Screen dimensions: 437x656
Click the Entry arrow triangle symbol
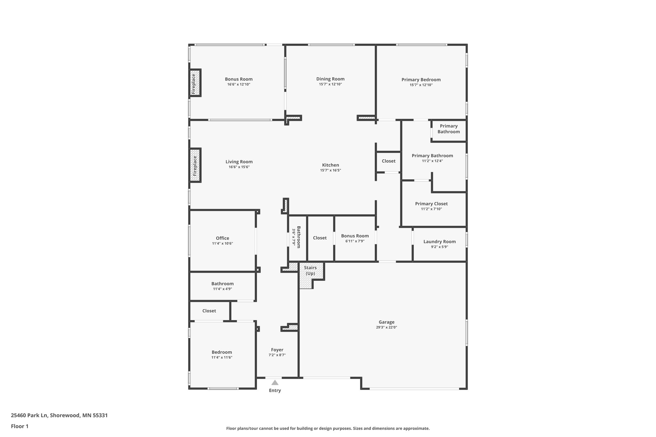coord(275,383)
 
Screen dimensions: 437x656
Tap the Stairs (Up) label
coord(310,271)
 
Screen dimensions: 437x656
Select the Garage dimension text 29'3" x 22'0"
coord(387,328)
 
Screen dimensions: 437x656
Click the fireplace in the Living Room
coord(195,166)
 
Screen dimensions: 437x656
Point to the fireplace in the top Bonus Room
coord(194,83)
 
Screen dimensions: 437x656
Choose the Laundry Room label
coord(439,242)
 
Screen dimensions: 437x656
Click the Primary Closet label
coord(431,204)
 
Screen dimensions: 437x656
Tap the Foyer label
coord(277,350)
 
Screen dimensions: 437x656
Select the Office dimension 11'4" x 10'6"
coord(222,244)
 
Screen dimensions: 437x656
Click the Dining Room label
coord(330,79)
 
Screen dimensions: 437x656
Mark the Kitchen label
coord(330,165)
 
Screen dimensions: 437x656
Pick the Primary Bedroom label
coord(421,80)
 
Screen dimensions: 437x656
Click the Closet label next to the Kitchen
coord(389,161)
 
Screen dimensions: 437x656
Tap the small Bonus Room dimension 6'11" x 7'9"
coord(355,241)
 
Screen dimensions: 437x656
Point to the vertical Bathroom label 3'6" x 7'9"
coord(296,237)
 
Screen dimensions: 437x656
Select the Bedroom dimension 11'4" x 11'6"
coord(222,358)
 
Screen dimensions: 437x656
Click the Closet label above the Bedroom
coord(209,311)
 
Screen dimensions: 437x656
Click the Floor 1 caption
coord(20,426)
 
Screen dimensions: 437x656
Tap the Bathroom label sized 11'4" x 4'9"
coord(222,284)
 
